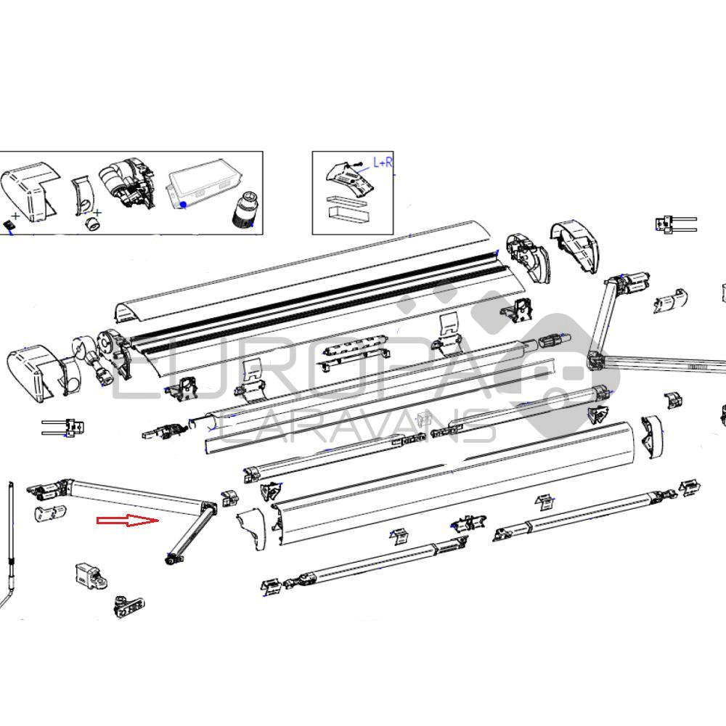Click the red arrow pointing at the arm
pos(128,521)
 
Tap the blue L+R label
pos(383,163)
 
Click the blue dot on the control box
pos(184,205)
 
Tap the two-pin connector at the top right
pos(675,224)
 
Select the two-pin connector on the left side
pos(64,427)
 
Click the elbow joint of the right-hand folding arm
pos(595,359)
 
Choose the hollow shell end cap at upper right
pos(577,245)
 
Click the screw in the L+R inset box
pos(355,166)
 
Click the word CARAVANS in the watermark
pos(356,428)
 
